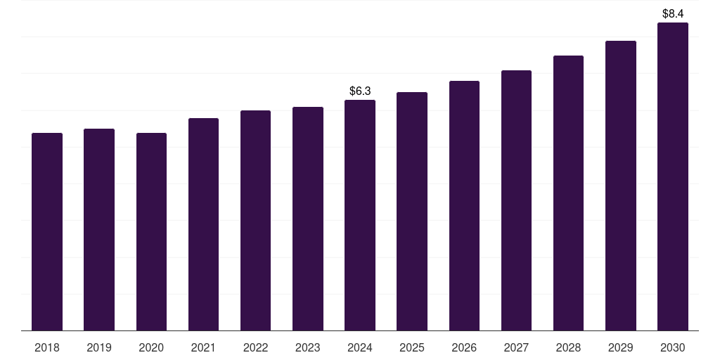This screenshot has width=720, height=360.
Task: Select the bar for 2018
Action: coord(47,232)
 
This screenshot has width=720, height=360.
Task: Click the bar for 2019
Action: coord(99,230)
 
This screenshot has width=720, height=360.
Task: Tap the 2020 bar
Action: coord(152,232)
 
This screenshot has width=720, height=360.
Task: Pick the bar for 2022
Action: coord(255,220)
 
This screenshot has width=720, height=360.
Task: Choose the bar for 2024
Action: coord(360,215)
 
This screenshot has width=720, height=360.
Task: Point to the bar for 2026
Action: coord(464,206)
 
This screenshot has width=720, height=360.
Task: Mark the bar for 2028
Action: coord(568,193)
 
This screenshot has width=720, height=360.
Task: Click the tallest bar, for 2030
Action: coord(673,176)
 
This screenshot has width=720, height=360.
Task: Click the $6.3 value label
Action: coord(360,91)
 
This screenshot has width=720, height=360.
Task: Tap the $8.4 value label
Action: coord(673,14)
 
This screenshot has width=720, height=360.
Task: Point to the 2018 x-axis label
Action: coord(47,347)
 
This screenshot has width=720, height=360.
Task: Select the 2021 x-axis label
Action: coord(203,347)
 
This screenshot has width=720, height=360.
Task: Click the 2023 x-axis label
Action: coord(308,347)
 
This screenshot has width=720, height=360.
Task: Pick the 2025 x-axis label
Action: coord(412,347)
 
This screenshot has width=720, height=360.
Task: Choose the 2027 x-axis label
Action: coord(516,347)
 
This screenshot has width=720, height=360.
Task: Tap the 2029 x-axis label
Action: coord(621,347)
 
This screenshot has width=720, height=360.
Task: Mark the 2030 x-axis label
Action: coord(673,347)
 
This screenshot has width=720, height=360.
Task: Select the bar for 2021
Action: coord(203,224)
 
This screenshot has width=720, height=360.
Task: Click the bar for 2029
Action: coord(621,186)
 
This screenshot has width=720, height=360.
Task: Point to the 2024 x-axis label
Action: coord(360,347)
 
